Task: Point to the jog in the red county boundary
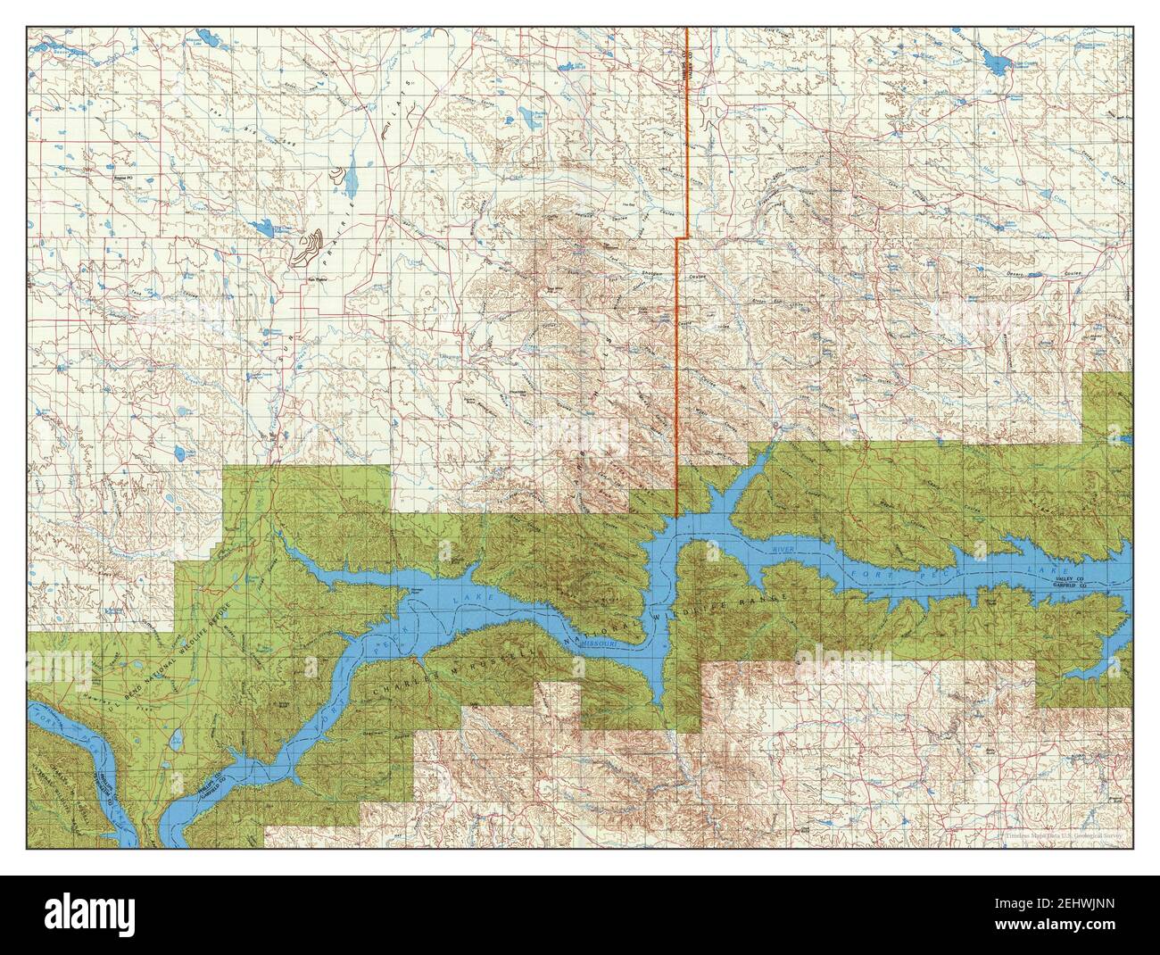coord(679,239)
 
